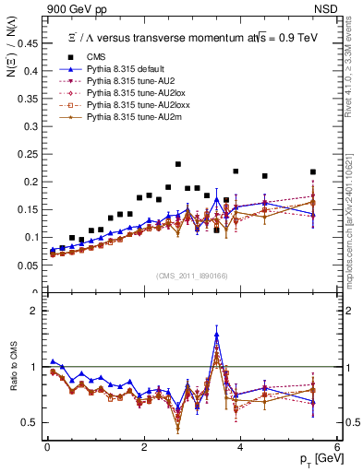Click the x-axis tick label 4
pyautogui.click(x=240, y=445)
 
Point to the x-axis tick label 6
pyautogui.click(x=337, y=445)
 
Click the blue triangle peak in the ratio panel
pyautogui.click(x=217, y=334)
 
